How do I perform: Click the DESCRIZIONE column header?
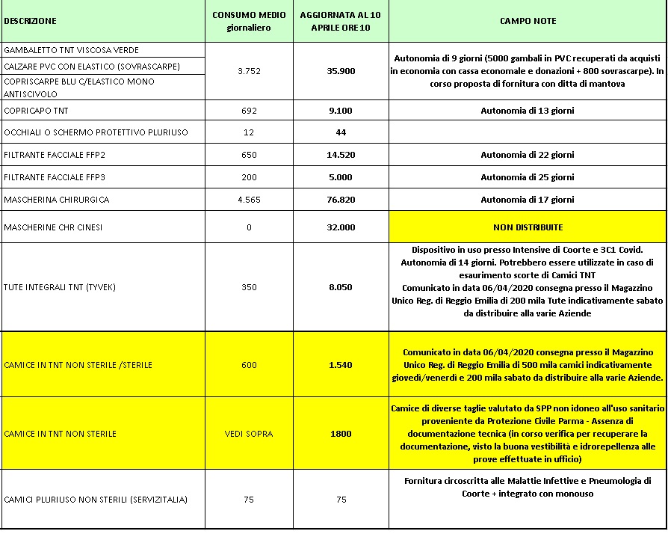[x=30, y=22]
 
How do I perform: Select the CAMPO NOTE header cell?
[x=528, y=22]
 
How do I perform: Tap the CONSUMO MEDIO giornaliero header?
[x=249, y=22]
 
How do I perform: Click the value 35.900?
[x=341, y=72]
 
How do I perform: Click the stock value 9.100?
[x=341, y=111]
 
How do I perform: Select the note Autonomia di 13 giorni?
[x=528, y=111]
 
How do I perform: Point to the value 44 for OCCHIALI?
[x=341, y=133]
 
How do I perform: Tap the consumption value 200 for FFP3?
[x=249, y=178]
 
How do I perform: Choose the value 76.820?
[x=341, y=200]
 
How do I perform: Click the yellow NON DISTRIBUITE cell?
[x=528, y=227]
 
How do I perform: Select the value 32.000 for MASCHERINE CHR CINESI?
[x=341, y=227]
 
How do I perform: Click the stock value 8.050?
[x=341, y=287]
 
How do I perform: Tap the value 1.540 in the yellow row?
[x=341, y=365]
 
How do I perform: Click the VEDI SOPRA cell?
[x=249, y=434]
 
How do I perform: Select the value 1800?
[x=341, y=434]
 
